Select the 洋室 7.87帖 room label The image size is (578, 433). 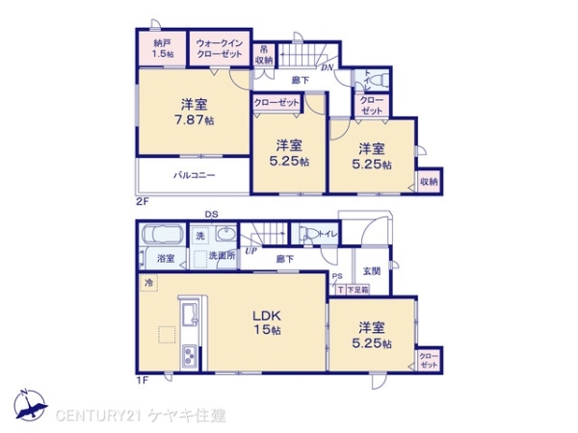pos(194,112)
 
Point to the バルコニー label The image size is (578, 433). pos(194,176)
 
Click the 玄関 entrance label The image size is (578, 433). pos(372,271)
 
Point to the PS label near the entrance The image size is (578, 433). pos(336,277)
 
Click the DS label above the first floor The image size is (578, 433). pos(210,215)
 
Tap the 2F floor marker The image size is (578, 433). pos(142,201)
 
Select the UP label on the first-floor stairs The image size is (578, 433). pos(250,250)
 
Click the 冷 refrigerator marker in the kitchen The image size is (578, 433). pos(149,283)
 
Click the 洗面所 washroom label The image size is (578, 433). pos(224,257)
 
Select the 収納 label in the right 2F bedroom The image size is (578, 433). pos(429,180)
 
